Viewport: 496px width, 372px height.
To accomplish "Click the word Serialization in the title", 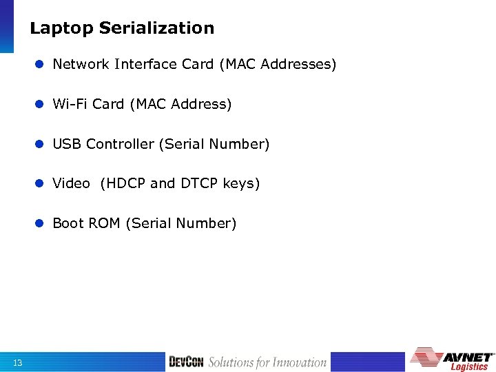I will (156, 28).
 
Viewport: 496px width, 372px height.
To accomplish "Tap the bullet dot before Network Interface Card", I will (41, 65).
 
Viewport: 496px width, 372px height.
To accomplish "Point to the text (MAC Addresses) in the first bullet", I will (278, 65).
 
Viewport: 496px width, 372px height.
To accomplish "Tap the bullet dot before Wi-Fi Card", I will (41, 105).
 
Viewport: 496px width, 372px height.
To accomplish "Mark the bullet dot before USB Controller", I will (41, 145).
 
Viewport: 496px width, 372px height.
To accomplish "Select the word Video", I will (71, 183).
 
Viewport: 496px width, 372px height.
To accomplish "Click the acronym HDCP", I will (123, 183).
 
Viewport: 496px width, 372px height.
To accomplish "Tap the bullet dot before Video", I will (41, 184).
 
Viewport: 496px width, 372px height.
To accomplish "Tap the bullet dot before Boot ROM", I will (41, 224).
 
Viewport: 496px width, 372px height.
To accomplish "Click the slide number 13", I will (17, 363).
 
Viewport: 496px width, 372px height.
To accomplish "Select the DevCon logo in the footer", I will (187, 362).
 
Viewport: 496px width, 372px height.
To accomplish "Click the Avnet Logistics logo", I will (453, 358).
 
